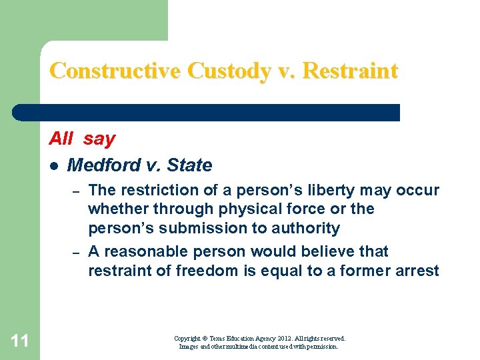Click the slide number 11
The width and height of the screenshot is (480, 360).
20,341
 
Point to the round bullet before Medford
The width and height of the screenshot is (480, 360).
54,165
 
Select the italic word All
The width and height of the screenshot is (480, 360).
61,139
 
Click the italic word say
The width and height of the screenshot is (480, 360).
99,139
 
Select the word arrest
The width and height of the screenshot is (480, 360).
416,270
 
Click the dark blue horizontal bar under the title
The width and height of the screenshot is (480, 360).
207,112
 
